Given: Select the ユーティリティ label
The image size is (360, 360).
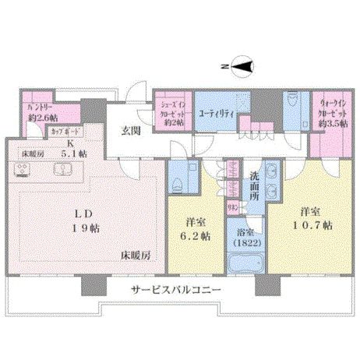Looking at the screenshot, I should tap(216, 114).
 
